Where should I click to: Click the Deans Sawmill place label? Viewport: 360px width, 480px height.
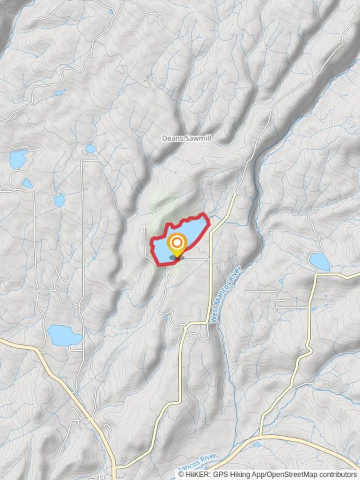(186, 139)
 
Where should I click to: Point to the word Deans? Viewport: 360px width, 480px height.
(170, 139)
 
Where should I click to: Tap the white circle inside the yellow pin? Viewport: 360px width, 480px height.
(177, 243)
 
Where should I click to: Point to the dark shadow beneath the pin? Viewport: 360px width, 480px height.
(176, 258)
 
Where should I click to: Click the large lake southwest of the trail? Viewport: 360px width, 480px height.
(64, 335)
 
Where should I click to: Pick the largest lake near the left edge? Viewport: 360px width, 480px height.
(18, 159)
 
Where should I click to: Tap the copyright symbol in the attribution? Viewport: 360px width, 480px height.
(181, 474)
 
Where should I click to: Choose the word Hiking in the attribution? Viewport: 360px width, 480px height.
(240, 474)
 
